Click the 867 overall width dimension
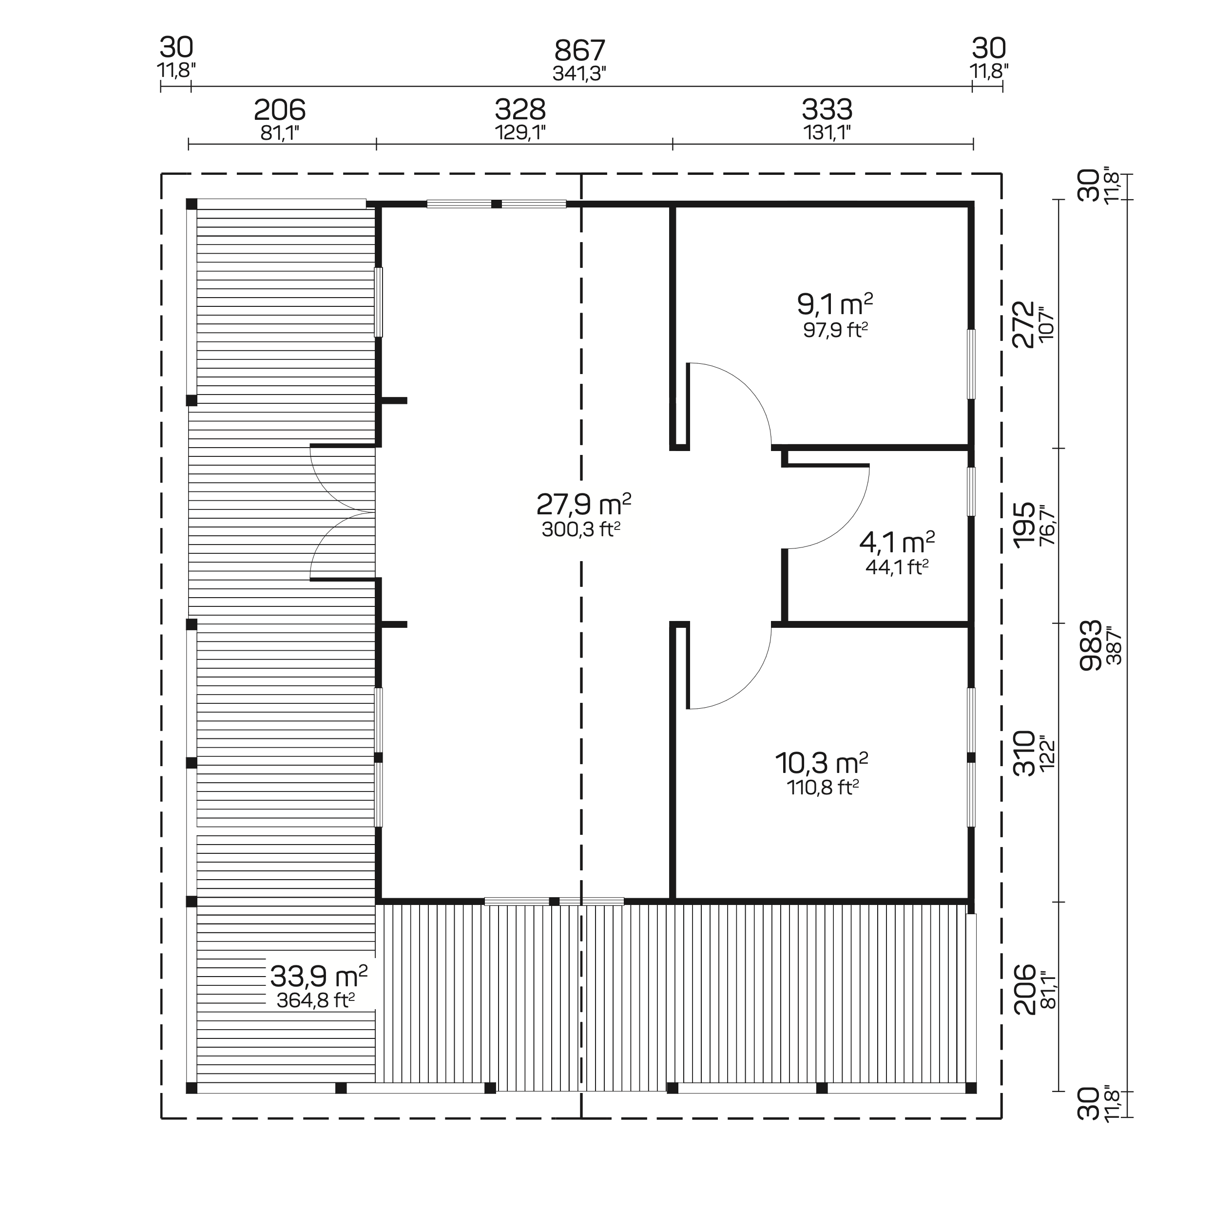579,51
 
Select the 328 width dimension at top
520,110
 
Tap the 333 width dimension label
827,110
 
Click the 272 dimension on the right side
1023,324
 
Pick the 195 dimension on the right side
1023,525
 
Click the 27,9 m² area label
583,505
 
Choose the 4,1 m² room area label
897,543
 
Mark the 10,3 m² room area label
821,763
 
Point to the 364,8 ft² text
315,1000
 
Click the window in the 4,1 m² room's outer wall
971,491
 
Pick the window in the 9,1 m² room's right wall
971,363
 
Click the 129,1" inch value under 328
520,132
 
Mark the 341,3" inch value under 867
579,74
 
